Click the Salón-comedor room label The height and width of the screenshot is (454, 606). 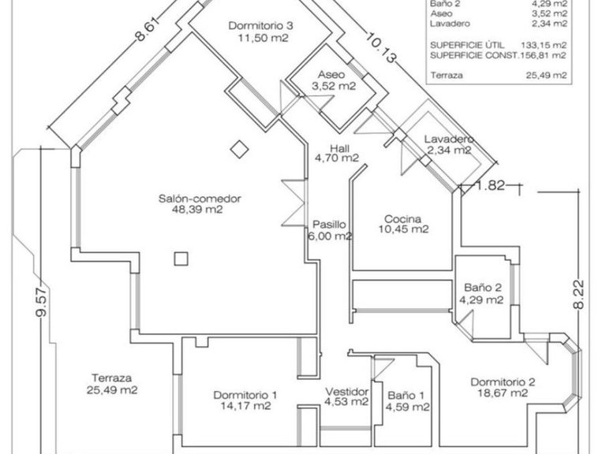tap(200, 199)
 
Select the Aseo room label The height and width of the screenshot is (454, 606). tap(331, 75)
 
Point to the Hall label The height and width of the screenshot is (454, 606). tap(340, 148)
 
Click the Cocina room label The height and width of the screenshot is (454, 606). tap(402, 219)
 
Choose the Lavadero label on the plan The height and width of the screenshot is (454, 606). tap(449, 139)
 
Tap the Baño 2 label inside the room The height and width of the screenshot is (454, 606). tap(483, 288)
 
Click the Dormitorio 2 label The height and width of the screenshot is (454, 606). tap(503, 382)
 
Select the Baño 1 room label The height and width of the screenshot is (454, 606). tap(406, 396)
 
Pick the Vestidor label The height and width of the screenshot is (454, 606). tap(346, 392)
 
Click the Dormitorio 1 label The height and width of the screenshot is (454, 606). tap(245, 396)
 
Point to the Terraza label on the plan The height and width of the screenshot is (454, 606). tap(112, 378)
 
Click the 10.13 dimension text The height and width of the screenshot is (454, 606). tap(380, 48)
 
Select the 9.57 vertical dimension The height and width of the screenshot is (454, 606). tap(41, 302)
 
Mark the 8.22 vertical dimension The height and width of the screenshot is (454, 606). tap(578, 294)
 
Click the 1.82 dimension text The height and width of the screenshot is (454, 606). tap(490, 186)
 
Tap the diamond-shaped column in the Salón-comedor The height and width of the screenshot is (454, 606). tap(240, 149)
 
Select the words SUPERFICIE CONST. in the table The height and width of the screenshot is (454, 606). tap(474, 56)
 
